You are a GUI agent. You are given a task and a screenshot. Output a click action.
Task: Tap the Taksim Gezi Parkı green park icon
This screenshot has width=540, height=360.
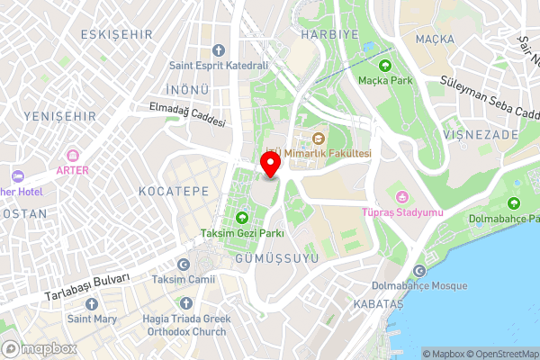[x=241, y=218]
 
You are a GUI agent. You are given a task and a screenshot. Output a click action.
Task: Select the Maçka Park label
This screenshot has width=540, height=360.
[x=385, y=80]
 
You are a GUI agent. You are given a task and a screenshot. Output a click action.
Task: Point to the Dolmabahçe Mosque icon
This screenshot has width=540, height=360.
[x=418, y=271]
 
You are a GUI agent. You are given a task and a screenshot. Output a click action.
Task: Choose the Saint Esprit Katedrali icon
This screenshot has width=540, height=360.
[x=219, y=50]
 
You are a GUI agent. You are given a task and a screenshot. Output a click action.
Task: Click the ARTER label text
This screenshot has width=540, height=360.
[x=72, y=169]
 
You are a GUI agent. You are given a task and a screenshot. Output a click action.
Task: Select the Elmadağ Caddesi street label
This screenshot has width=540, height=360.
[x=186, y=115]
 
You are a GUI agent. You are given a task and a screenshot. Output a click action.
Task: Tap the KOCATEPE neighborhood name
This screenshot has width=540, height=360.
[x=174, y=192]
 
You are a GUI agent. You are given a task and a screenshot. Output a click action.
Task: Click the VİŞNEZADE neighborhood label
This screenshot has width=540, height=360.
[x=481, y=134]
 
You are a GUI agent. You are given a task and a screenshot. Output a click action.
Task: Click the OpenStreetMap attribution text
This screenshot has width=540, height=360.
[x=499, y=354]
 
